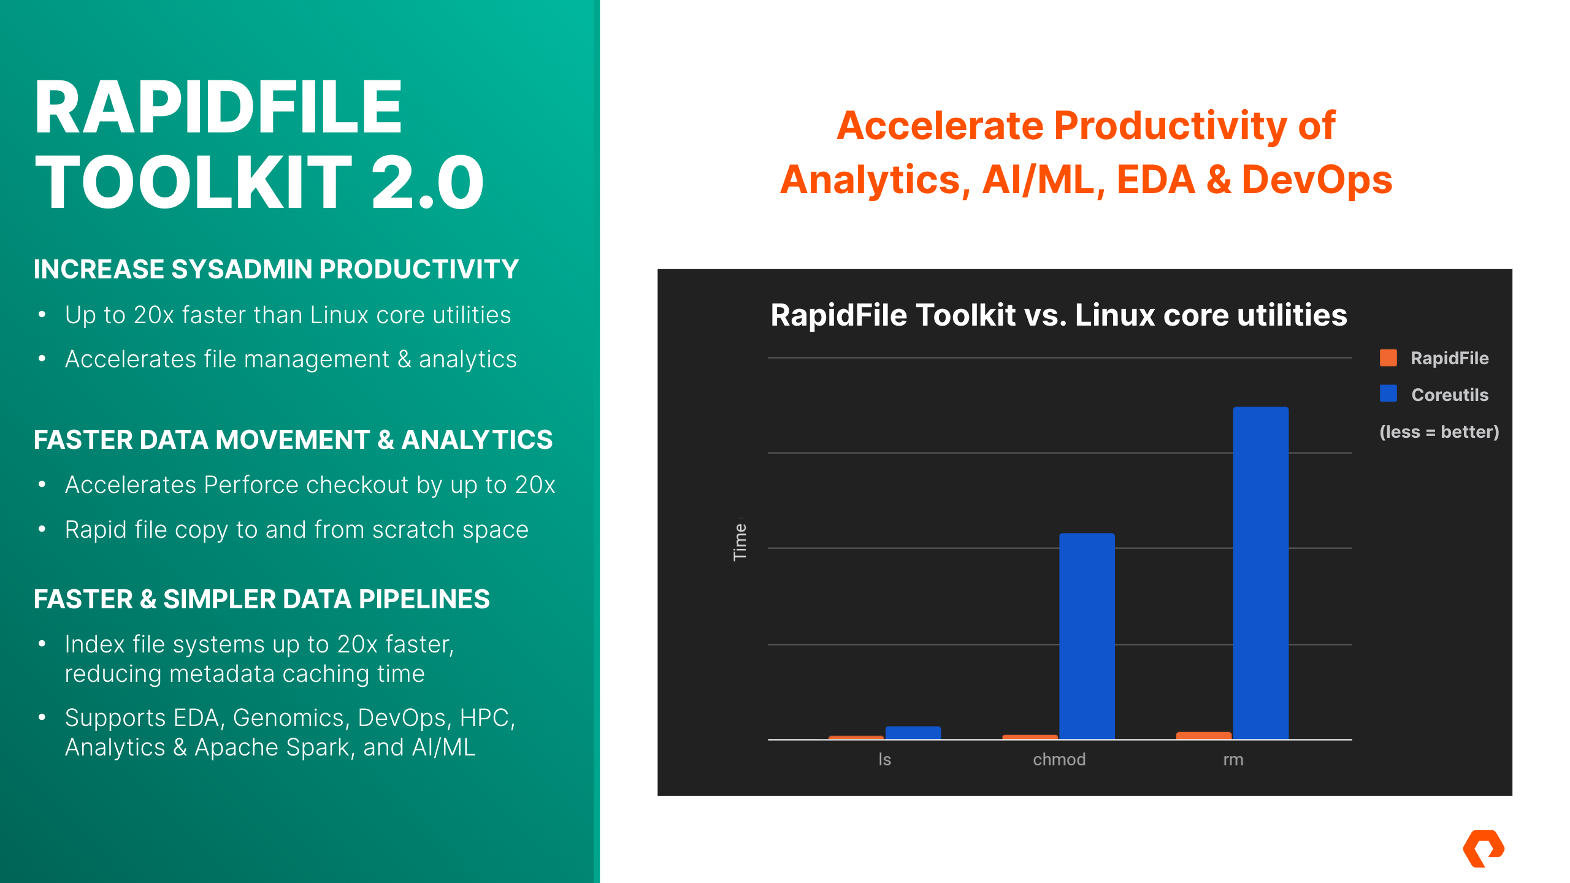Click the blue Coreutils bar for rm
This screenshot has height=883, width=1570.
(x=1260, y=573)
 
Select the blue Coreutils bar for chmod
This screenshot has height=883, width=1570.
(x=1087, y=636)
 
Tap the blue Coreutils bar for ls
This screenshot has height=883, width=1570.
(x=913, y=733)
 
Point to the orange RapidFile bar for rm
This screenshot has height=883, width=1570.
(x=1203, y=735)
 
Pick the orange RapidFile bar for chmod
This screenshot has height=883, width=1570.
(x=1030, y=736)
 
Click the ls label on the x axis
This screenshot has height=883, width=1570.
(x=884, y=759)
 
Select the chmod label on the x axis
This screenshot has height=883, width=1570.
(x=1059, y=759)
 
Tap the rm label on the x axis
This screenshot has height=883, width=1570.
(x=1233, y=760)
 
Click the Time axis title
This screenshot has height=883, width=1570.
(x=740, y=541)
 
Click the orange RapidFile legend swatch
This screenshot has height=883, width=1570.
(x=1388, y=357)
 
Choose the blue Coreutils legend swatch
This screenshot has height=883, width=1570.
(x=1388, y=394)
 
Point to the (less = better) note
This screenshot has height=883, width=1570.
(x=1439, y=432)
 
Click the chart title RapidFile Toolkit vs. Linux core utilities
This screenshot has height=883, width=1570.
(x=1059, y=315)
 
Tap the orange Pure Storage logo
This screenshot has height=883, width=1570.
(x=1484, y=849)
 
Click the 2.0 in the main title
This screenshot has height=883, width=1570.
(x=427, y=182)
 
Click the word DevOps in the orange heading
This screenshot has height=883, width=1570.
(x=1317, y=180)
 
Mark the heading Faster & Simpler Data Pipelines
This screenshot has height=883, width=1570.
(x=262, y=599)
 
